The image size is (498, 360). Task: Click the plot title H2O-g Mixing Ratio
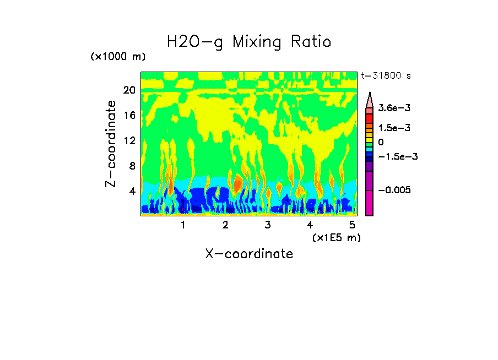(x=249, y=42)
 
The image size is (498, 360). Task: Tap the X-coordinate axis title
(x=249, y=254)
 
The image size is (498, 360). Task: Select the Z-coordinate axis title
(x=111, y=144)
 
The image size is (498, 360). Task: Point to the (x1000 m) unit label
(x=118, y=57)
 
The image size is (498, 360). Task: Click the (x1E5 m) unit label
(x=336, y=238)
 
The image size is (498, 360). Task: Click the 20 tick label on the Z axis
(x=129, y=90)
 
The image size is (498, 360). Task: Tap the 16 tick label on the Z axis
(x=129, y=116)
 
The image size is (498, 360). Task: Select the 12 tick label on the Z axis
(x=129, y=141)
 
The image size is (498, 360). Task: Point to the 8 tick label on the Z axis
(x=132, y=166)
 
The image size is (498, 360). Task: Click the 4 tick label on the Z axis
(x=132, y=192)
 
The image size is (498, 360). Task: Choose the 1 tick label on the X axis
(x=183, y=225)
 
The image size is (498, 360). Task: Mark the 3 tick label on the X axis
(x=268, y=225)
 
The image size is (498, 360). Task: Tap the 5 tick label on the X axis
(x=352, y=225)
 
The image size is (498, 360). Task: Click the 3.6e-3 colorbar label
(x=391, y=108)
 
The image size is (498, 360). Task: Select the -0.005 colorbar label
(x=393, y=190)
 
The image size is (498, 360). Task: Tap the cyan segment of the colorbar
(x=370, y=149)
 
